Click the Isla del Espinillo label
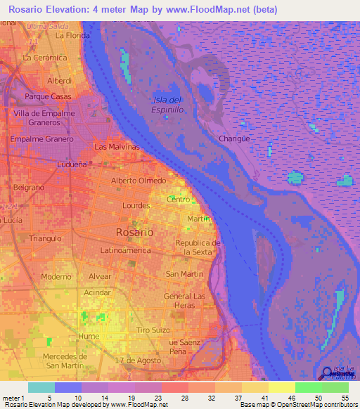(167, 105)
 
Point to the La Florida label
(72, 34)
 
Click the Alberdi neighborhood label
(60, 81)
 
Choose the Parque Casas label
(48, 96)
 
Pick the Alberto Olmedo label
(139, 181)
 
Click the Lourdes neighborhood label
(136, 205)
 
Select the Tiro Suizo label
(154, 330)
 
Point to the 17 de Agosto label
(133, 361)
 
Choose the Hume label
(89, 337)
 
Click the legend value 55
(345, 398)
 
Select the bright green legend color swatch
(308, 387)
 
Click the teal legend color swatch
(41, 387)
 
